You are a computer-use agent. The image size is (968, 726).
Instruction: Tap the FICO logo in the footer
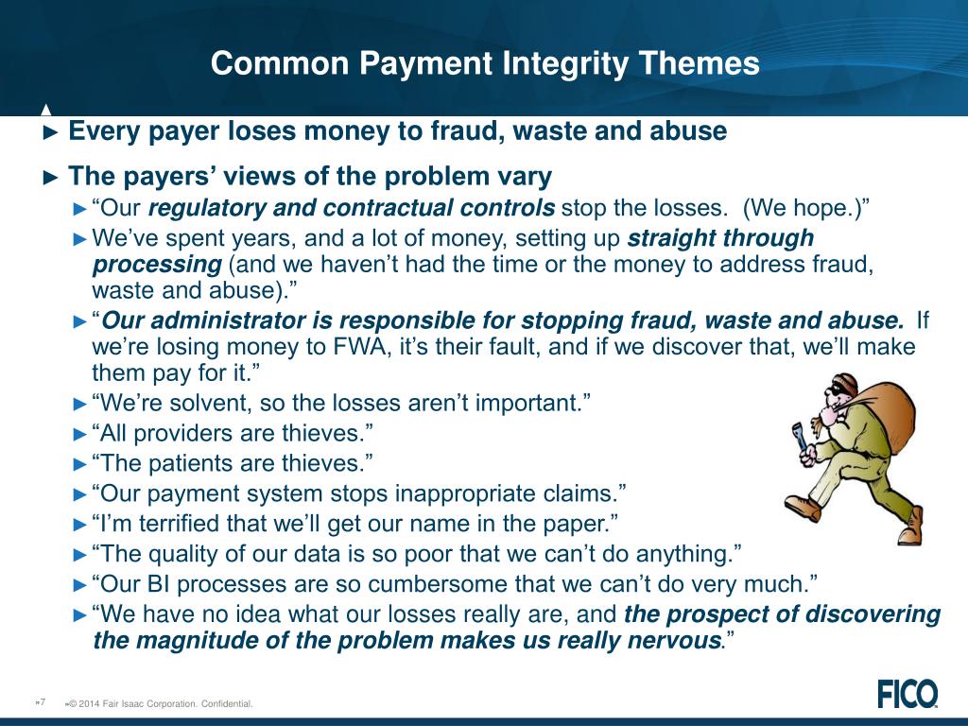(907, 694)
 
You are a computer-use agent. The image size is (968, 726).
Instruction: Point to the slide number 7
(42, 701)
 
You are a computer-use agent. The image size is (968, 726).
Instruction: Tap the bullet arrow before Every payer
(53, 131)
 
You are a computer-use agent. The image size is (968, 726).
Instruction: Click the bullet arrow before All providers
(80, 434)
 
